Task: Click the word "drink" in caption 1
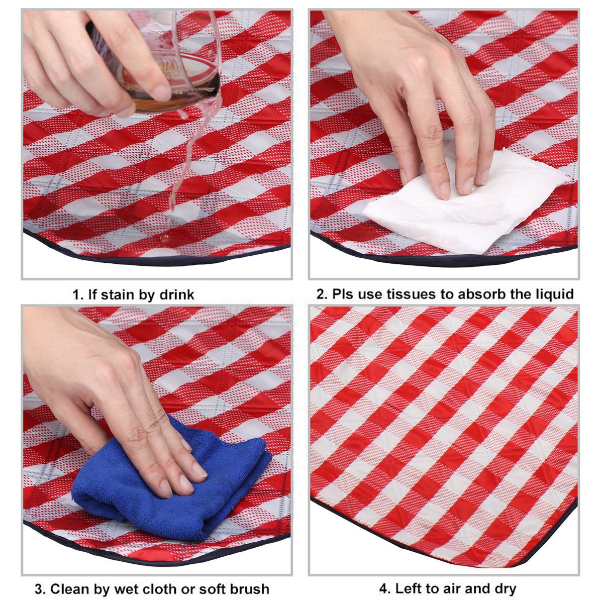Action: coord(176,294)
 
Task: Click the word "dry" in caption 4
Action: coord(504,589)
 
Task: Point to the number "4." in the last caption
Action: coord(385,589)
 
